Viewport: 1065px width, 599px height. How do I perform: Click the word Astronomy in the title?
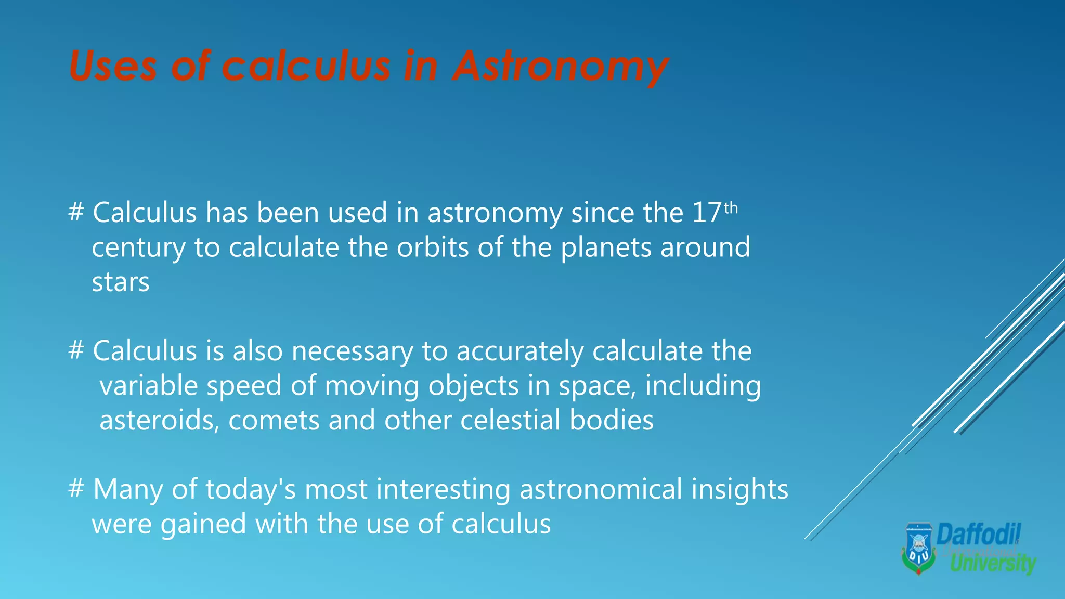click(560, 67)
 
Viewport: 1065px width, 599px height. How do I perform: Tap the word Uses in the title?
click(112, 67)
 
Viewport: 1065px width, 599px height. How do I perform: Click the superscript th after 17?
click(731, 209)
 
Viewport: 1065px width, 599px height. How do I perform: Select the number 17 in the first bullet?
click(707, 213)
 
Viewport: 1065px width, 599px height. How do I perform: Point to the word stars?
click(121, 282)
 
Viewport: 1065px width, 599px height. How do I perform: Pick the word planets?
click(606, 249)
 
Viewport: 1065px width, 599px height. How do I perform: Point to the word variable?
click(149, 386)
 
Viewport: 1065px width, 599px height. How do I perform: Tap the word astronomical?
click(601, 489)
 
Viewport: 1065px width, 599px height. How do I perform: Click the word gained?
click(203, 525)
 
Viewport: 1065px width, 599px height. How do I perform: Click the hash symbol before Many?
click(76, 489)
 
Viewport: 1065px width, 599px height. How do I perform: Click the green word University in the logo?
click(993, 564)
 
